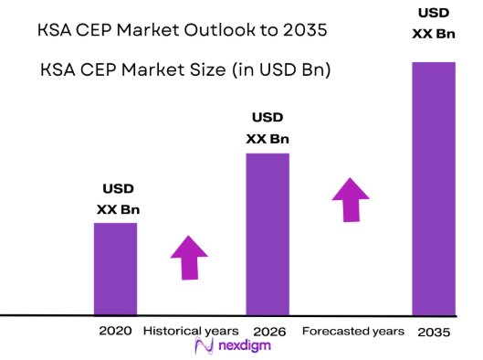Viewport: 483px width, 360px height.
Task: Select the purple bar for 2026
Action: tap(267, 234)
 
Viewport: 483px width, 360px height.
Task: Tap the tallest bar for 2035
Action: tap(433, 188)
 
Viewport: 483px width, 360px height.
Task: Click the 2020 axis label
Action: tap(114, 330)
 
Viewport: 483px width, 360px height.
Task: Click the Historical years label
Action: tap(191, 330)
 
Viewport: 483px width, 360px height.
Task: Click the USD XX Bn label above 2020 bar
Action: tap(118, 199)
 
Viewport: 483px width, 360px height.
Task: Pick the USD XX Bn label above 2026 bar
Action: tap(268, 129)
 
